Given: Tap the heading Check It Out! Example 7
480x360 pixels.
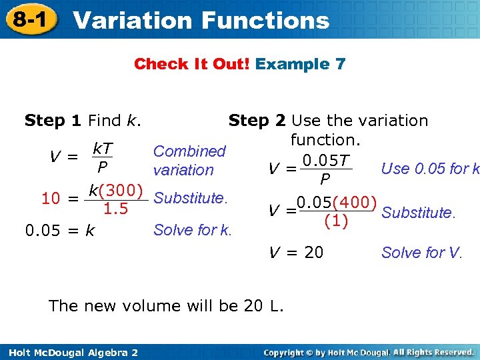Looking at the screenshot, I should (x=239, y=64).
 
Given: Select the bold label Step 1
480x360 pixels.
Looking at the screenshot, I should (x=53, y=121).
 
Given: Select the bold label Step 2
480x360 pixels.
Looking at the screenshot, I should (x=257, y=121).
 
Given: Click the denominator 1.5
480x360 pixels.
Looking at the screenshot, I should (x=115, y=209).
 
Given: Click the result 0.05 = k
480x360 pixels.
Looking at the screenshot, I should (x=59, y=231).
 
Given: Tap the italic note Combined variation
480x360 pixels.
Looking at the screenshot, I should (x=189, y=161).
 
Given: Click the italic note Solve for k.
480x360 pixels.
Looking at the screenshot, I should (x=193, y=230).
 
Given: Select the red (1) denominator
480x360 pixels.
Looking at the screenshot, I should (x=335, y=221).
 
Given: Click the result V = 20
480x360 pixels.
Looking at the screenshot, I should (x=295, y=253).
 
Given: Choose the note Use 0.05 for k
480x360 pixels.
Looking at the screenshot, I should (x=430, y=169).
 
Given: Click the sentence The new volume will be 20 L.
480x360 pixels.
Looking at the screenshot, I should (x=167, y=306).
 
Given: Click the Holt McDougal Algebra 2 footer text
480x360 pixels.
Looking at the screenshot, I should (x=69, y=352).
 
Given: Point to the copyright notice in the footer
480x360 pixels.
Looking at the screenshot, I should (x=368, y=351).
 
